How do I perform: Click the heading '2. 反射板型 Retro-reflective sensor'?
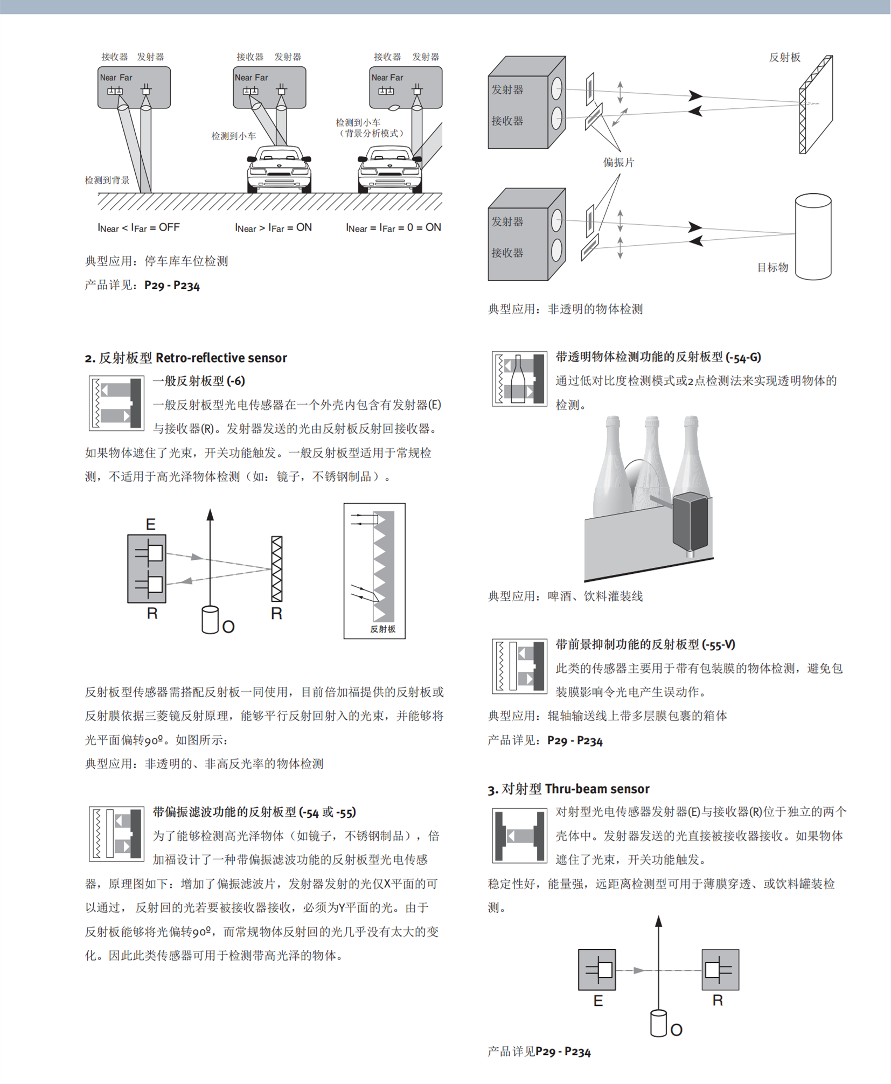pyautogui.click(x=185, y=358)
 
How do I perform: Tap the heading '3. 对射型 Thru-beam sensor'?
pyautogui.click(x=568, y=789)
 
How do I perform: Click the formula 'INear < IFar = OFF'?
pyautogui.click(x=138, y=227)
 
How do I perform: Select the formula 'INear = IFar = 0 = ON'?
pyautogui.click(x=393, y=227)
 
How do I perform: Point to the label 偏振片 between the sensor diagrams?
pyautogui.click(x=618, y=162)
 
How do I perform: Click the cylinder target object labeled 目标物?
pyautogui.click(x=812, y=237)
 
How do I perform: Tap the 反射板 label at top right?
pyautogui.click(x=784, y=57)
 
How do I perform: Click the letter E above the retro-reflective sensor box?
pyautogui.click(x=150, y=524)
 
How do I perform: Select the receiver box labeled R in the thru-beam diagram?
pyautogui.click(x=720, y=970)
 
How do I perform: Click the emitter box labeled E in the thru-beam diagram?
pyautogui.click(x=597, y=970)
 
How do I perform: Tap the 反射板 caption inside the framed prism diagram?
pyautogui.click(x=382, y=629)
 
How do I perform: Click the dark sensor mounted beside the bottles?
pyautogui.click(x=690, y=523)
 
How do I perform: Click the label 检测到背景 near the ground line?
pyautogui.click(x=107, y=180)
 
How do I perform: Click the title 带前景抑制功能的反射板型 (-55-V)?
pyautogui.click(x=645, y=644)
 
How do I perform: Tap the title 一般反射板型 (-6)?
pyautogui.click(x=199, y=381)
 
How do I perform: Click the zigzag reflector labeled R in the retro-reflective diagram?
pyautogui.click(x=276, y=568)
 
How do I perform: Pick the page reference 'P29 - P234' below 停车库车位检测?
pyautogui.click(x=172, y=286)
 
